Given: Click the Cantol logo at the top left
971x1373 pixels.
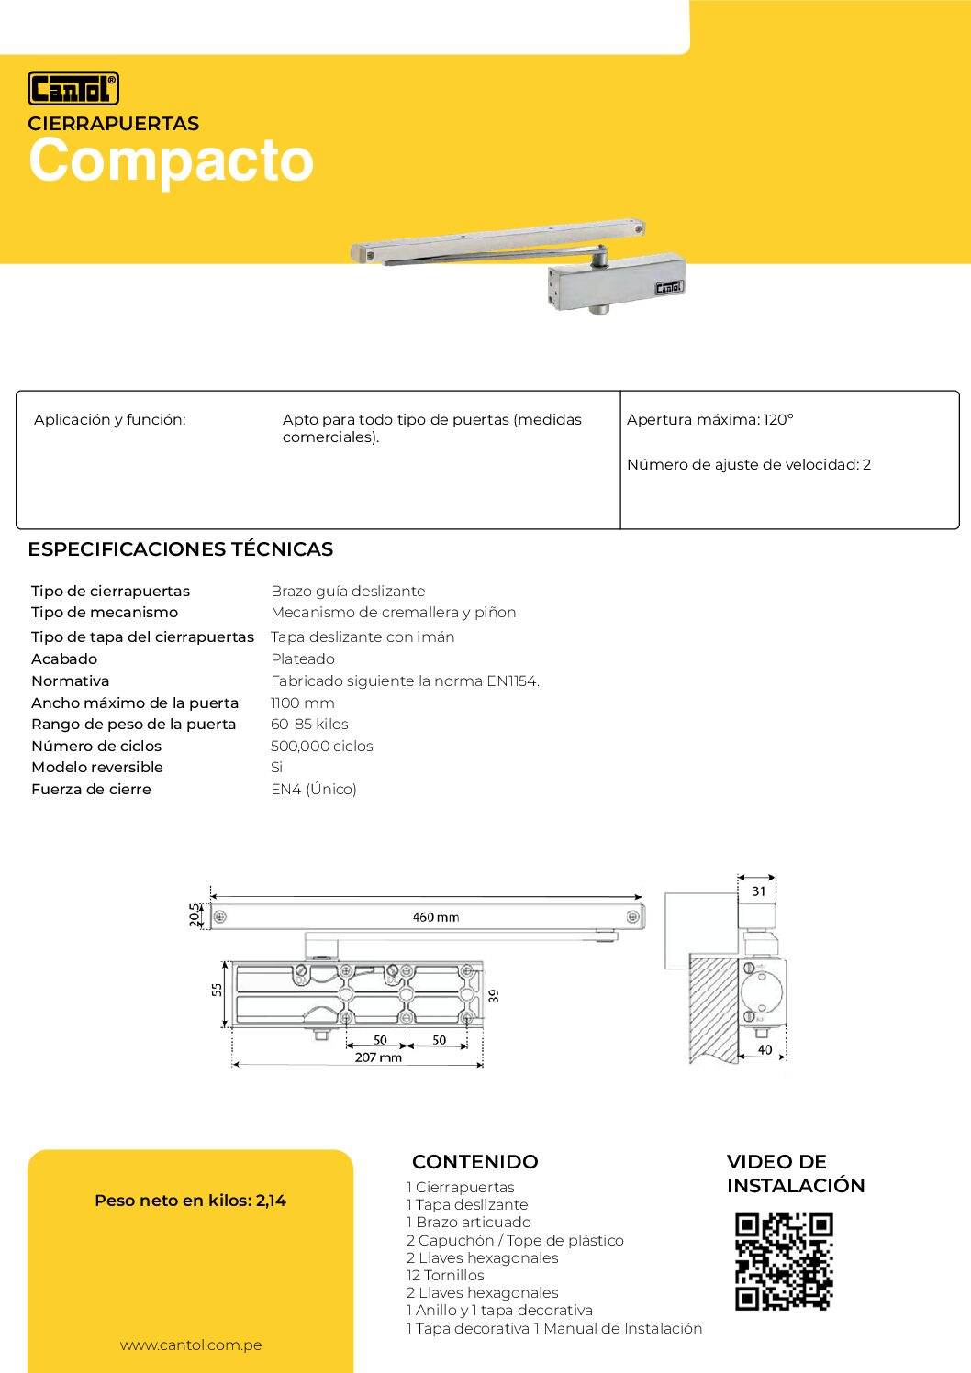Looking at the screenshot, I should (73, 88).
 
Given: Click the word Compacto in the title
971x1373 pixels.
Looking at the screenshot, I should (172, 161).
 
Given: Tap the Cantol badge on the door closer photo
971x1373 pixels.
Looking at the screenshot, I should (669, 287).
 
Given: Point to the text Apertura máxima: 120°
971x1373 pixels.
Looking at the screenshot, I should (709, 420).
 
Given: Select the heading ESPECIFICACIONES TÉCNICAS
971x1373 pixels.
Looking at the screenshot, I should (180, 549).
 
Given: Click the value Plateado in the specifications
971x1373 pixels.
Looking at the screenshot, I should (303, 659).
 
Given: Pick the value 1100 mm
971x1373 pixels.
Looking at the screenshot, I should (303, 703).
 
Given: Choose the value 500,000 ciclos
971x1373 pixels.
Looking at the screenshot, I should (322, 746).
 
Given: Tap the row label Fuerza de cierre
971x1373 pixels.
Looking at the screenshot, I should (91, 789).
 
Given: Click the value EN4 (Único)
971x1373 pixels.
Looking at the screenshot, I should (314, 789).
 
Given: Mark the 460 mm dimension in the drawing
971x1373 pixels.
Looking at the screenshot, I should (436, 917).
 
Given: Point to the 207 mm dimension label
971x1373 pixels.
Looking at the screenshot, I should (378, 1057).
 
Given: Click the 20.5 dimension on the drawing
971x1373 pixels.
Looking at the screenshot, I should (195, 914).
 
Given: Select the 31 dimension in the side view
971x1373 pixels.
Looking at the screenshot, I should (759, 891).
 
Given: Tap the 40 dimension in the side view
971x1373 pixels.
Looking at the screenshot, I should (765, 1049).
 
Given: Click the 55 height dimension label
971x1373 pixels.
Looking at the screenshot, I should (218, 990).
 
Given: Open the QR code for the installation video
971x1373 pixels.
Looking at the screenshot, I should (784, 1261).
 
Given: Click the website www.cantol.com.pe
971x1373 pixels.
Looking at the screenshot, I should (191, 1345).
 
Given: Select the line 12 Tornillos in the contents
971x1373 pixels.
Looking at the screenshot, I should (445, 1275).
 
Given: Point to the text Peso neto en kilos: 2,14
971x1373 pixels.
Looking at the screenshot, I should (190, 1200).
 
